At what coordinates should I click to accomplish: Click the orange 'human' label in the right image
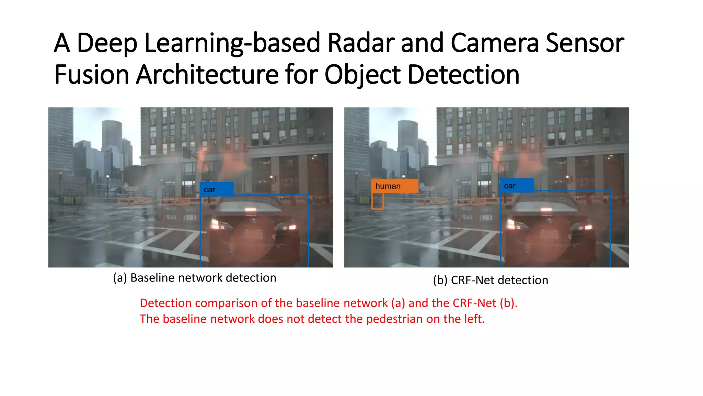point(394,186)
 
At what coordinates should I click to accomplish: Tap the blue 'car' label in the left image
point(217,189)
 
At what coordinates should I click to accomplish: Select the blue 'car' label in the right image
point(516,186)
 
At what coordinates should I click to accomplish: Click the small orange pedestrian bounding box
point(377,201)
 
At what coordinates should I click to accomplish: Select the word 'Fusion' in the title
point(91,75)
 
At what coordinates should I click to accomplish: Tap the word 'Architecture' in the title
point(207,75)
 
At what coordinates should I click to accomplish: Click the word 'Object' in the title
point(362,75)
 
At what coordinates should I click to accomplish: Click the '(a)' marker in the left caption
point(120,278)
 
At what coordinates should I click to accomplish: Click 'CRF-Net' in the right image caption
point(473,280)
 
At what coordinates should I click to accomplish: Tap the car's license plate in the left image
point(253,234)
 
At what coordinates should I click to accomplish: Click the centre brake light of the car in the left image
point(251,209)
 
